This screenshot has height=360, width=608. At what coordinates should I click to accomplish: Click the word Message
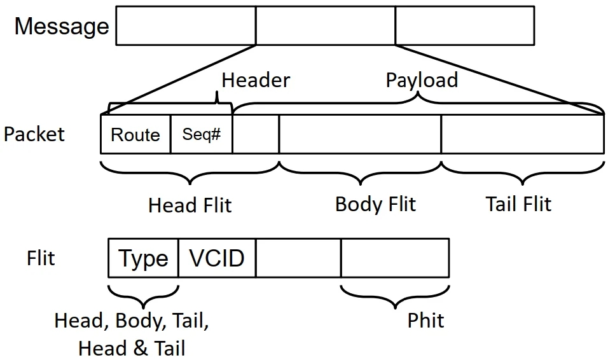pos(61,27)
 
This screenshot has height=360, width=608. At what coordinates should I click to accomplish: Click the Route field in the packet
pos(135,135)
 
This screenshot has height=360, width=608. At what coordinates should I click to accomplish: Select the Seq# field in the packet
pos(201,135)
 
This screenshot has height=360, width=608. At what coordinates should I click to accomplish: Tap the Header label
pos(255,80)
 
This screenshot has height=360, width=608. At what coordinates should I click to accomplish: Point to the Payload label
pos(422,80)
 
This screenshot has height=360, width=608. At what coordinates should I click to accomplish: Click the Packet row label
pos(34,134)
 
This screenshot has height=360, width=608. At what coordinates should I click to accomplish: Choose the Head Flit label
pos(190,205)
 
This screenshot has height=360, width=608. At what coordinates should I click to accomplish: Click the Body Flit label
pos(375,204)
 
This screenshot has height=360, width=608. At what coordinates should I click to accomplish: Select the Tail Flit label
pos(518,204)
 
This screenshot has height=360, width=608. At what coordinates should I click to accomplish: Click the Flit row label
pos(41,258)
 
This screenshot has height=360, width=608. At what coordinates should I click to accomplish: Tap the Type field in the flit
pos(144,259)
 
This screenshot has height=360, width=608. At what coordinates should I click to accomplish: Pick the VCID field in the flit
pos(217,258)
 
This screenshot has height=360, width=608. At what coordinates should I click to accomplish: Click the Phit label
pos(425,320)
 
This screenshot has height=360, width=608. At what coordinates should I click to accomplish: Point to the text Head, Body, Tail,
pos(132,320)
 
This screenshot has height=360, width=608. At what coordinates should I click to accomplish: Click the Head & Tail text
pos(132,348)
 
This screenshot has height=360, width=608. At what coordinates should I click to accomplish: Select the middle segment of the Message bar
pos(325,26)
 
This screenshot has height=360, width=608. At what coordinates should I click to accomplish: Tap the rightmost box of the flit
pos(395,258)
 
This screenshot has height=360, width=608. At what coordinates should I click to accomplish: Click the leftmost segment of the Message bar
pos(186,26)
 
